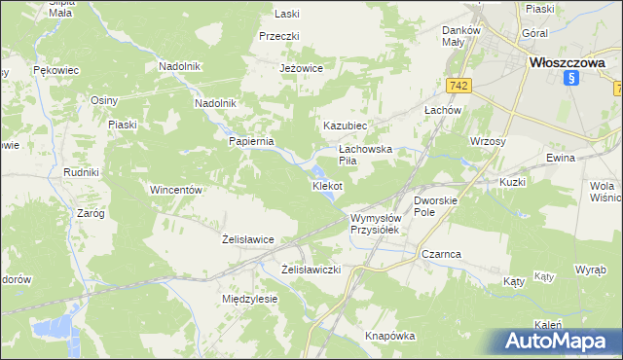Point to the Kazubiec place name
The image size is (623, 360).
[x=345, y=126]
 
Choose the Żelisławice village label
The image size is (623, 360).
[x=247, y=238]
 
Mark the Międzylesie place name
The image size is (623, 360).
[x=250, y=299]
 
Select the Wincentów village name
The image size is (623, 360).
[x=175, y=190]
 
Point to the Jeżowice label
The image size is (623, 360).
[x=300, y=69]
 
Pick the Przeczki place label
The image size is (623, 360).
[x=278, y=36]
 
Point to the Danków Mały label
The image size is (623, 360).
[x=460, y=36]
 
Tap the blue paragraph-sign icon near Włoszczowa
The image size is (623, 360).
[x=573, y=80]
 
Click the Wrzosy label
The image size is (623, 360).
[x=487, y=141]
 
